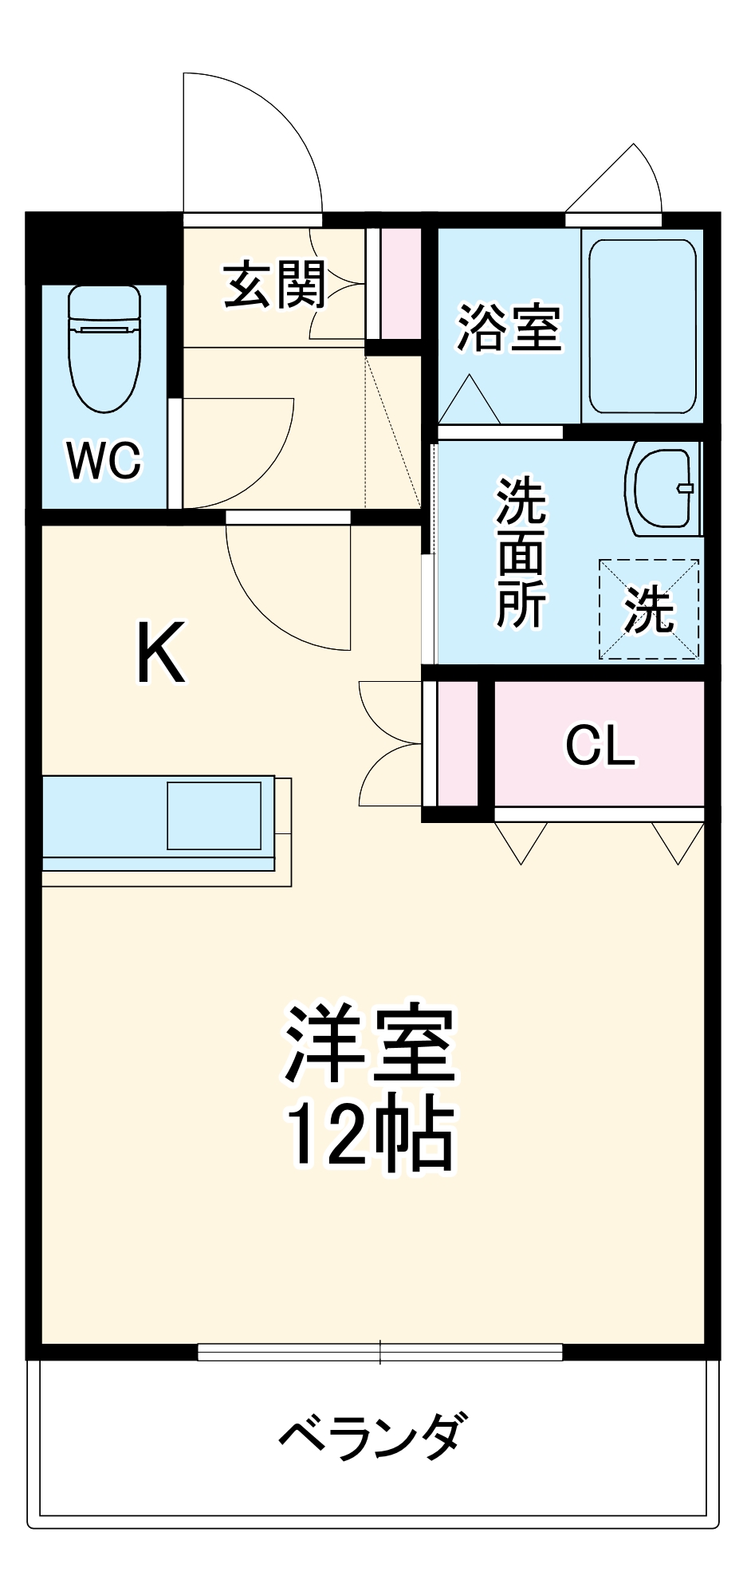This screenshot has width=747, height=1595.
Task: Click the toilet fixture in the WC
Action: click(104, 349)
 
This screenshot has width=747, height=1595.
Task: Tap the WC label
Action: click(104, 460)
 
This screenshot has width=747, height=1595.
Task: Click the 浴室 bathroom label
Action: click(509, 327)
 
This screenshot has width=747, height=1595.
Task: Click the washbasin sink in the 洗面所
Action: click(661, 490)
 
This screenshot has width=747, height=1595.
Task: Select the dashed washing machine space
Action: click(649, 610)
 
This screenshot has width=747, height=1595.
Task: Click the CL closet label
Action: click(600, 746)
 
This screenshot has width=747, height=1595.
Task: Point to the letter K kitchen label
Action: click(161, 653)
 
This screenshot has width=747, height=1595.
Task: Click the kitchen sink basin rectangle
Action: click(214, 815)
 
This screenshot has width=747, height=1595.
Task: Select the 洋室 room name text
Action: click(369, 1045)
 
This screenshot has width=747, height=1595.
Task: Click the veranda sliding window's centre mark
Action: click(380, 1351)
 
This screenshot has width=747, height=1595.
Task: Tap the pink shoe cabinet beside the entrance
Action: click(399, 283)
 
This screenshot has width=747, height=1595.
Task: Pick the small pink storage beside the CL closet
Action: click(457, 743)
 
